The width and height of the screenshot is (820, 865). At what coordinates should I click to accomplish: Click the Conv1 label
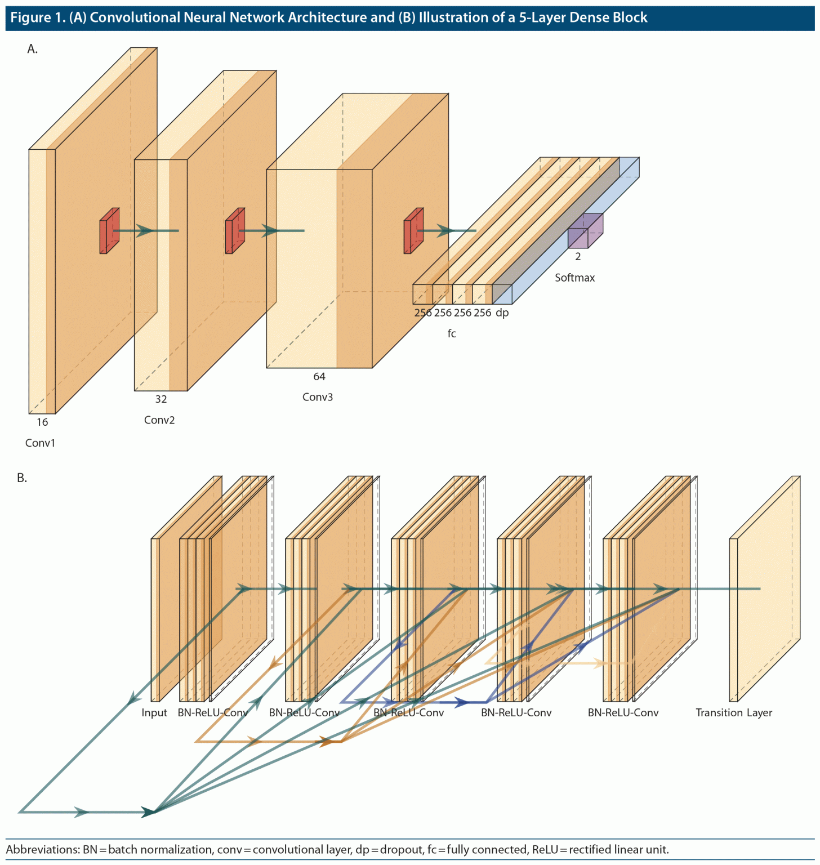40,443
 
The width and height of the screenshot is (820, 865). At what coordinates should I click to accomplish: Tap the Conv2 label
159,420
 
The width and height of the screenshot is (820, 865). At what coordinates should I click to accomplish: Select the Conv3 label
318,397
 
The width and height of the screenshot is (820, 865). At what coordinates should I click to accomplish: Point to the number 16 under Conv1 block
42,422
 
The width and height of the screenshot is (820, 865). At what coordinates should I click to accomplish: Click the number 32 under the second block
161,399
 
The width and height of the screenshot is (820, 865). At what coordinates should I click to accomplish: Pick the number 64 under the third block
319,376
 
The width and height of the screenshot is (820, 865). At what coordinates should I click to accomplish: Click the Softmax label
574,278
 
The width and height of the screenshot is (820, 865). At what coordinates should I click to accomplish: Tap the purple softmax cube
585,231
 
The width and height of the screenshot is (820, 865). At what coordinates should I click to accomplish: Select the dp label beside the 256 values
502,313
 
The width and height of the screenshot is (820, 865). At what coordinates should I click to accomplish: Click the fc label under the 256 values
452,333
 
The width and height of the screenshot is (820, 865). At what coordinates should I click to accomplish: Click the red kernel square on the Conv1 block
109,231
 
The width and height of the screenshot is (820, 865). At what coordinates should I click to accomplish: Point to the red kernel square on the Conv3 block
413,231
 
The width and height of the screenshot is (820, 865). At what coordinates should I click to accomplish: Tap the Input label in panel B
154,713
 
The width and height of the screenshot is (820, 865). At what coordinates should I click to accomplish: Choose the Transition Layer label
734,713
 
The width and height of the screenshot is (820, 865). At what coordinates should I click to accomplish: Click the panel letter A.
32,49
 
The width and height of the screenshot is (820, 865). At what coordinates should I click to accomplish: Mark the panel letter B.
21,478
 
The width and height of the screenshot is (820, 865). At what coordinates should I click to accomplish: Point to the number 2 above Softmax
578,257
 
